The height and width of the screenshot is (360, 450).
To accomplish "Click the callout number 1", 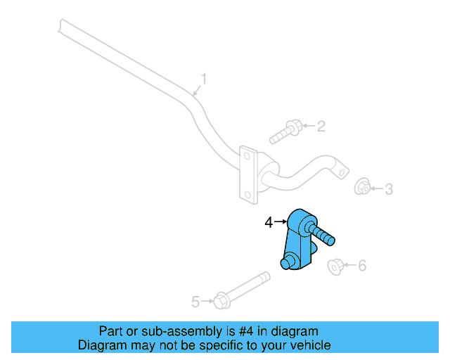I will (204, 79).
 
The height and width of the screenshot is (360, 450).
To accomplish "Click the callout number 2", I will (321, 127).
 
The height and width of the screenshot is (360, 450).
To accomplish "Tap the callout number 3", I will (388, 188).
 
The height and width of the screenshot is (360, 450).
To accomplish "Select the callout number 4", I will (268, 222).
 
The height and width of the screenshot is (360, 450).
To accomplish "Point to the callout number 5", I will (195, 302).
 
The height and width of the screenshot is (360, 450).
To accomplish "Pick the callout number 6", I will (362, 265).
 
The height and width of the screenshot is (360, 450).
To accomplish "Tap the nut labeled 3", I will (362, 188).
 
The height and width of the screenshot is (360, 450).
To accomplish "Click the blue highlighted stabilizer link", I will (299, 239).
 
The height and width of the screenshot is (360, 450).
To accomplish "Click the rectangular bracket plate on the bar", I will (247, 174).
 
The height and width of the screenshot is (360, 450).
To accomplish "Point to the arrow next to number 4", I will (280, 222).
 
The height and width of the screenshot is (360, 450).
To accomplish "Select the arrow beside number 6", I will (351, 266).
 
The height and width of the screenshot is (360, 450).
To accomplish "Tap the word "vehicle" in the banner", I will (310, 345).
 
